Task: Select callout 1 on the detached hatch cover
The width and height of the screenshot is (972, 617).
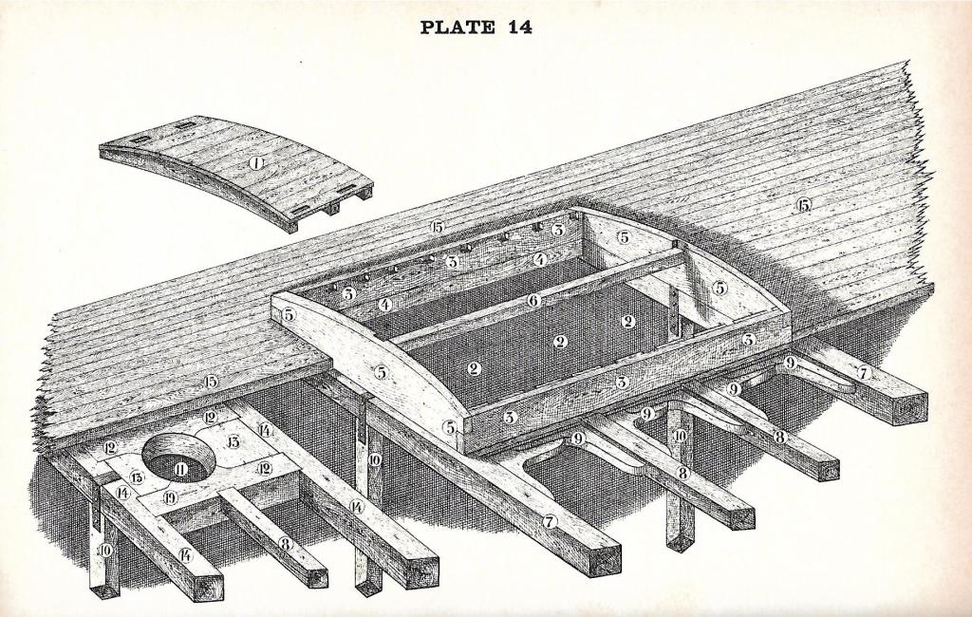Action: (x=255, y=163)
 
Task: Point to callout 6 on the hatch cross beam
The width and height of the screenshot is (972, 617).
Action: (x=534, y=300)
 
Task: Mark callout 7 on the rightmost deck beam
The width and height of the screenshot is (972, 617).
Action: (x=863, y=374)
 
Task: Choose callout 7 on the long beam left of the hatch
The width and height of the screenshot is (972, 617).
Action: (x=550, y=521)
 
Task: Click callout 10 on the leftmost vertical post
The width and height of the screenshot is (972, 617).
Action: (x=105, y=550)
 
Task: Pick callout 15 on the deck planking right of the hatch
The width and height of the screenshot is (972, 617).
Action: (x=804, y=205)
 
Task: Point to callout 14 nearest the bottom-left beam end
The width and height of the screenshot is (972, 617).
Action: (x=185, y=554)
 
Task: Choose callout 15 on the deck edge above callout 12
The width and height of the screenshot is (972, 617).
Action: (x=208, y=382)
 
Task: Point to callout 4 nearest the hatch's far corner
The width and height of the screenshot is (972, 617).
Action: (x=539, y=258)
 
